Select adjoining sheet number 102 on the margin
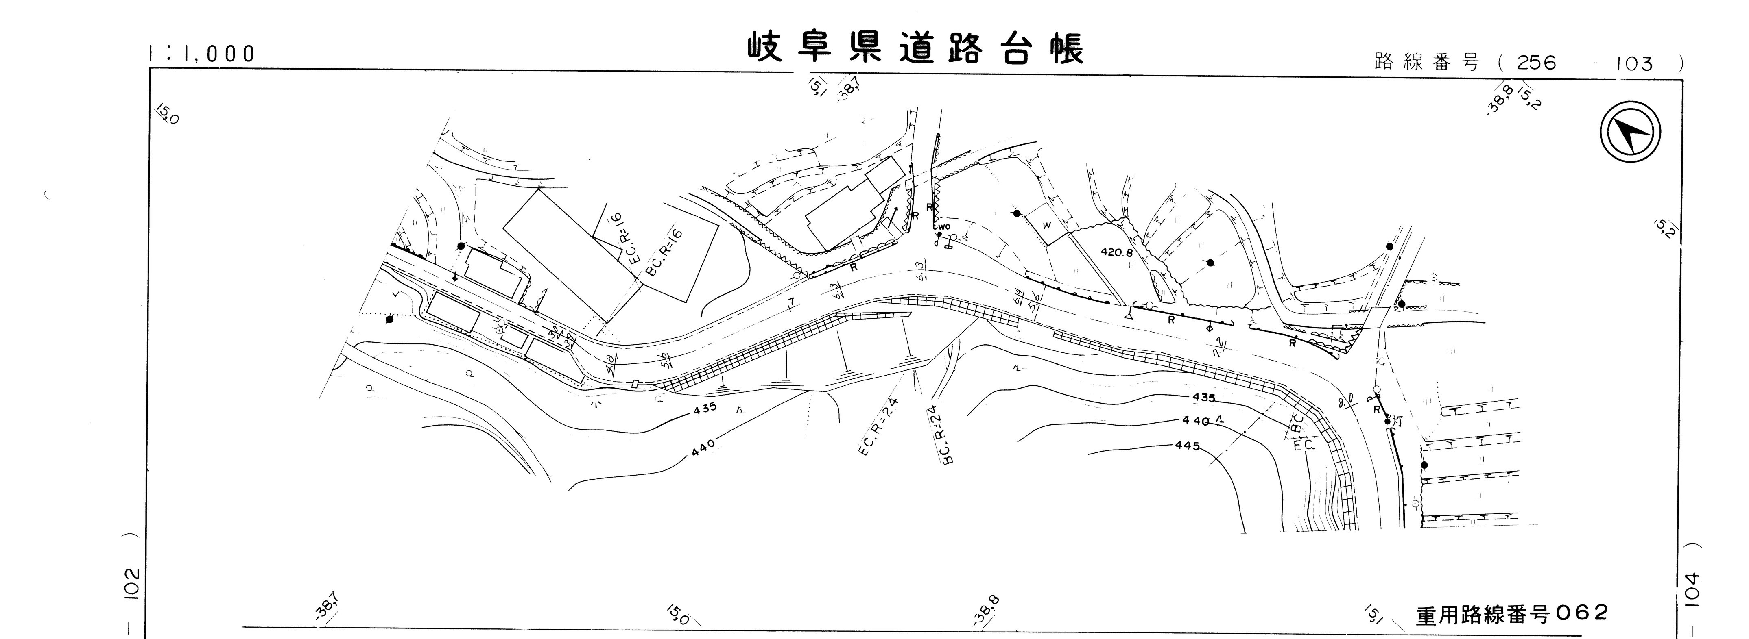[x=132, y=583]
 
